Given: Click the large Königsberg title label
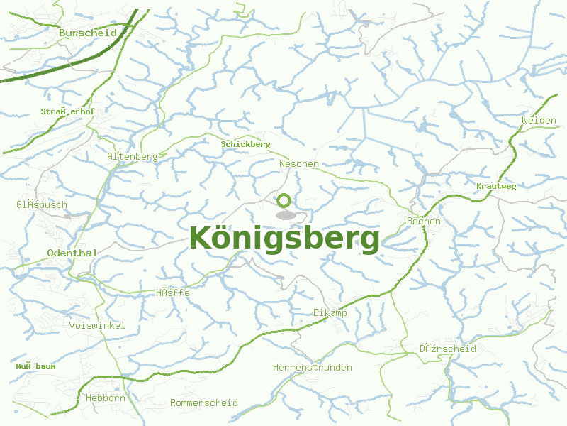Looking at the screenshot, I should tap(285, 239).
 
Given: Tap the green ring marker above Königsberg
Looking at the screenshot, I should tap(284, 201).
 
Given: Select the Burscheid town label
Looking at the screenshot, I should tap(88, 33).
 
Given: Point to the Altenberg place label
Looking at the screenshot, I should tap(133, 156).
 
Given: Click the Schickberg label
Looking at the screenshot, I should tap(246, 144).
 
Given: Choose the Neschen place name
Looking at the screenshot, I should tap(299, 163).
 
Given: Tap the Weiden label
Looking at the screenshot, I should tap(539, 121).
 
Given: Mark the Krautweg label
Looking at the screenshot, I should tap(496, 186).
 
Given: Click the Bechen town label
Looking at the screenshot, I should tap(424, 222).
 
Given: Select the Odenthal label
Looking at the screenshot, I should tap(72, 253).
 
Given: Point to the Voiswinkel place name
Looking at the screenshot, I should tap(98, 325).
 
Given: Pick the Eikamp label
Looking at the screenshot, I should tap(330, 312).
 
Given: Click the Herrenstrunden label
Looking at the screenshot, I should tap(313, 367).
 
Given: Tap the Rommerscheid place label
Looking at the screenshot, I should tap(204, 403).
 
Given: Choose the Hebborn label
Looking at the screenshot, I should tap(105, 398).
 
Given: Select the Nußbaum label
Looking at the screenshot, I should tap(35, 366).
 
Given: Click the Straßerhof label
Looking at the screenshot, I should tap(67, 111).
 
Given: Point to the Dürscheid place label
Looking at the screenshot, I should tap(447, 349).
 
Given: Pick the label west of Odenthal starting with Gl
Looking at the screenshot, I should tap(42, 205).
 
